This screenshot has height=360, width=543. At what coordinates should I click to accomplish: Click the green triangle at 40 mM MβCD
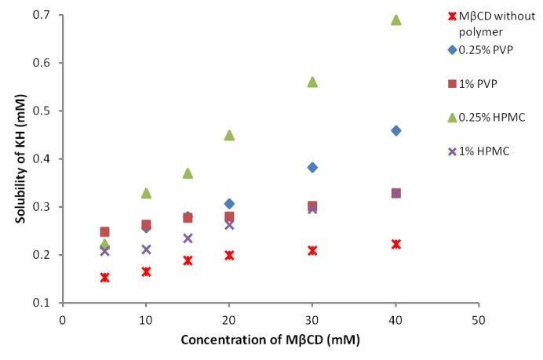395,20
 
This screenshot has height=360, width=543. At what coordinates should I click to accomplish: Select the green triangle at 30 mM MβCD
312,82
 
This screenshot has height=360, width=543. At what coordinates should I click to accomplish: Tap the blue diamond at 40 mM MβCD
395,130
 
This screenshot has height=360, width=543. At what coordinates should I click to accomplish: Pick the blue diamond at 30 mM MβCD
312,167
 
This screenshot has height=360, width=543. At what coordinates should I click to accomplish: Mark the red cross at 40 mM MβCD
395,244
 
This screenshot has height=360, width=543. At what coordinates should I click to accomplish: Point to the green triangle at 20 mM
229,135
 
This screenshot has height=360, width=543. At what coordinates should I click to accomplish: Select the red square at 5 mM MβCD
104,231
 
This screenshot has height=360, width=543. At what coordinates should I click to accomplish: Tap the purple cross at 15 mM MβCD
188,238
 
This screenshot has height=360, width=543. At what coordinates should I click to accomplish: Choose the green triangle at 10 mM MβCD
146,193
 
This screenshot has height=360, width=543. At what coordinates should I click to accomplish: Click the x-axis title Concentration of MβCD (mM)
271,340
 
